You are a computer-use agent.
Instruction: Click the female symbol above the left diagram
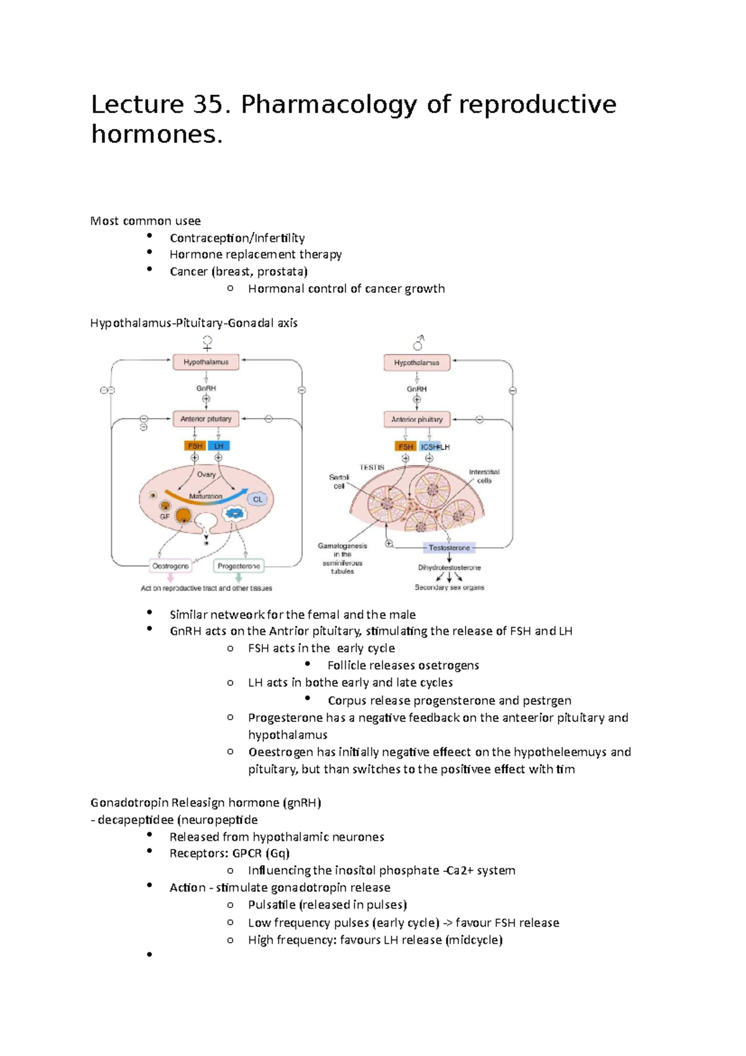pyautogui.click(x=208, y=343)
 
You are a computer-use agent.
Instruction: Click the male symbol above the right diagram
pyautogui.click(x=418, y=343)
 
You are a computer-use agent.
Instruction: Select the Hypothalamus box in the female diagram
pyautogui.click(x=206, y=362)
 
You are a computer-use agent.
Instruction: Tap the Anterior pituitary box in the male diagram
pyautogui.click(x=417, y=420)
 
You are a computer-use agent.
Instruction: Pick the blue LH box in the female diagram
pyautogui.click(x=219, y=446)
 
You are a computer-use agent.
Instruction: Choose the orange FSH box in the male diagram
pyautogui.click(x=405, y=447)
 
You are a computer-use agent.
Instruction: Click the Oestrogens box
pyautogui.click(x=171, y=566)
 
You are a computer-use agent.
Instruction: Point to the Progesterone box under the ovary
pyautogui.click(x=239, y=566)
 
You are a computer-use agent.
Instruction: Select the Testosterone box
pyautogui.click(x=449, y=548)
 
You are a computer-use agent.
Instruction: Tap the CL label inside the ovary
pyautogui.click(x=258, y=499)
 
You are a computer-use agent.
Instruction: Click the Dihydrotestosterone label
pyautogui.click(x=449, y=567)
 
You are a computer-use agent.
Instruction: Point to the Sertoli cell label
pyautogui.click(x=339, y=481)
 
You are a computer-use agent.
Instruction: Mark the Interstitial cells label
pyautogui.click(x=484, y=476)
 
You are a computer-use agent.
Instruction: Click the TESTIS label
pyautogui.click(x=372, y=467)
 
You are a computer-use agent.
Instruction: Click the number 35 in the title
pyautogui.click(x=207, y=104)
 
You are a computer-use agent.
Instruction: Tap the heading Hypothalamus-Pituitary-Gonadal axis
pyautogui.click(x=194, y=323)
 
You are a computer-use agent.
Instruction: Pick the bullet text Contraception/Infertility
pyautogui.click(x=237, y=238)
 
